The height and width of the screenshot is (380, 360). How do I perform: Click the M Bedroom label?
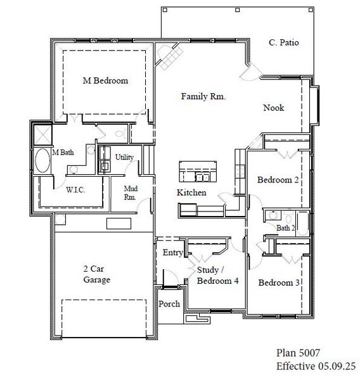coord(106,81)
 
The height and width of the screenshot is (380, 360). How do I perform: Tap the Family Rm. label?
coord(203,97)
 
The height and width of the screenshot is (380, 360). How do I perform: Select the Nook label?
coord(274,108)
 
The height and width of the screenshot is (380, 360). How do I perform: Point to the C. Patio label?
coord(283,43)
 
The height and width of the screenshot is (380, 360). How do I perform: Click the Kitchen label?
coord(191,192)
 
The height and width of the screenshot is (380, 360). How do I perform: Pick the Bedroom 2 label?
coord(278,180)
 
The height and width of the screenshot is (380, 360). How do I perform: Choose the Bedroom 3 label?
coord(279,282)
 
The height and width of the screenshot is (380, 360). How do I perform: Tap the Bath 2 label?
coord(285,227)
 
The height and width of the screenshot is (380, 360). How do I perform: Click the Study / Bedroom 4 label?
coord(217,275)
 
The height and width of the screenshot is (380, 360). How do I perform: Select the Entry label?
coord(172,253)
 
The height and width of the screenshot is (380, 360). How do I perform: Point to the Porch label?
coord(169,304)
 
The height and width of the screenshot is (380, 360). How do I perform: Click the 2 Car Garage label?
coord(97,274)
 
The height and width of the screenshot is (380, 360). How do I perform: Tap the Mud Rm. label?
coord(131,193)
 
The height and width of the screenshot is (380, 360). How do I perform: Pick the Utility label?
coord(124,157)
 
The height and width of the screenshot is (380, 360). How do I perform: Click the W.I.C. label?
coord(76,189)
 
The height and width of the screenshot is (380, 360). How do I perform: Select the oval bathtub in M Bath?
coord(42,161)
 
